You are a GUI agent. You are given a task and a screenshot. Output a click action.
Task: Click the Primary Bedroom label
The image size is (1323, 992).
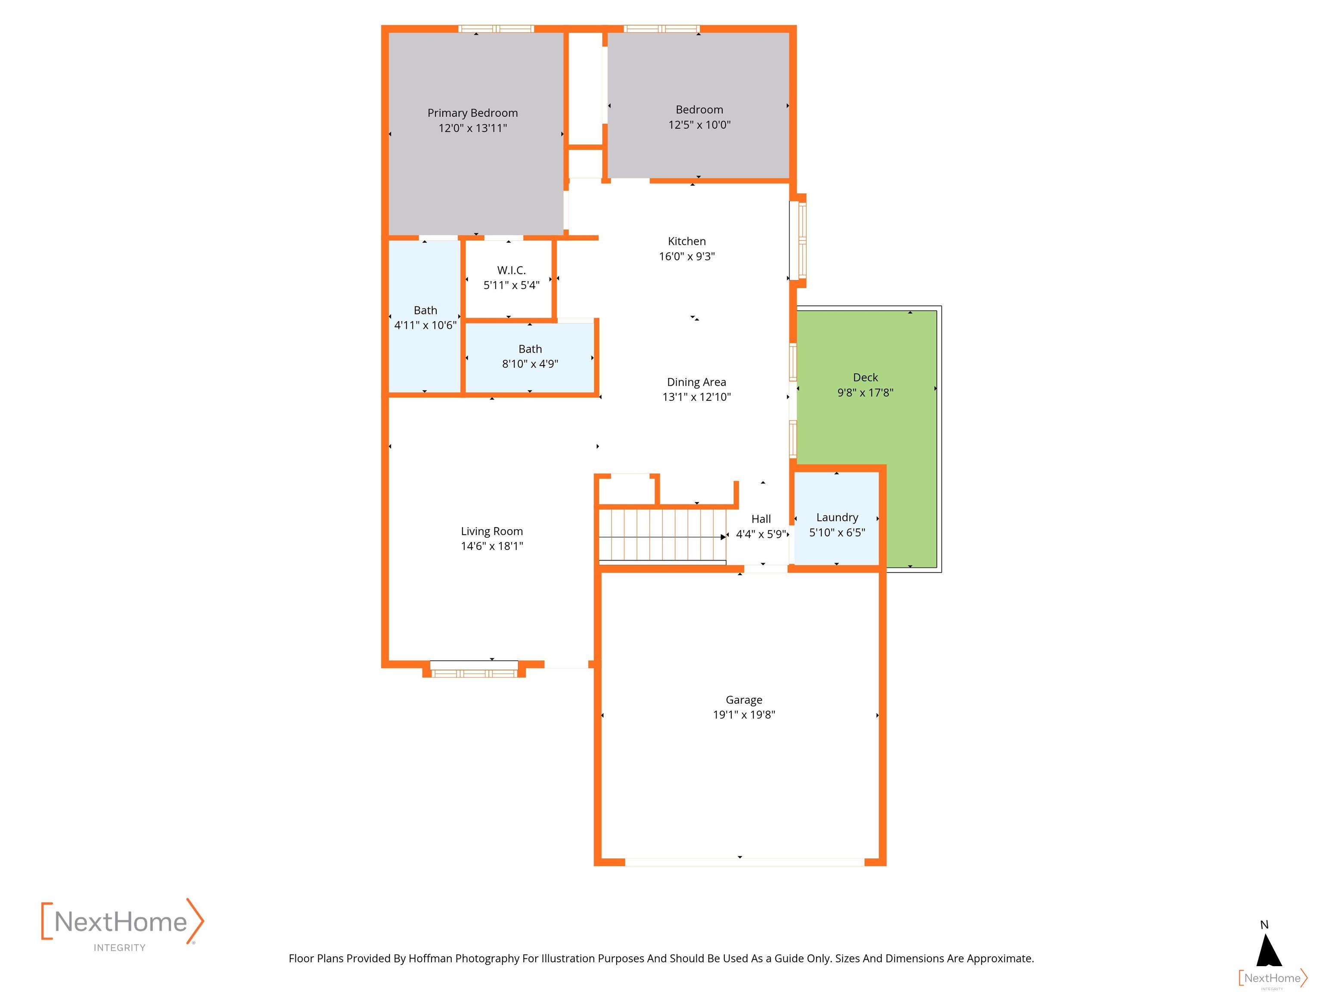point(472,113)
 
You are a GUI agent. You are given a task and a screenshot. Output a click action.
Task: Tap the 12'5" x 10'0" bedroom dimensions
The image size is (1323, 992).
point(699,125)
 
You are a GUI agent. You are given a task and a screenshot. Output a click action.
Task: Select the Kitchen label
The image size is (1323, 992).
point(686,242)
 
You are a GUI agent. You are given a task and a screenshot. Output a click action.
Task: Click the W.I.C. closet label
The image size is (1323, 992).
point(511,270)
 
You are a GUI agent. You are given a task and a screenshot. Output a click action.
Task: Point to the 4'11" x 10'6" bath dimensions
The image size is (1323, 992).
point(425,325)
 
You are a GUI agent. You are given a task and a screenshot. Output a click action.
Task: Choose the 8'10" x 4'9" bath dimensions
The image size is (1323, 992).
point(530,363)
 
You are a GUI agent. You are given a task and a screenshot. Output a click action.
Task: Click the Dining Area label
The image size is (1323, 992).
point(696,382)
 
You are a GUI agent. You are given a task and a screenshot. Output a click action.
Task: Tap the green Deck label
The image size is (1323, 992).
point(865,377)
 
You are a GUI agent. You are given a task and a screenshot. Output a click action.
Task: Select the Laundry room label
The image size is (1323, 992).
point(837,517)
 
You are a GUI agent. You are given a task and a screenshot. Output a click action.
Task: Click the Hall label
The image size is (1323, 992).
point(761,519)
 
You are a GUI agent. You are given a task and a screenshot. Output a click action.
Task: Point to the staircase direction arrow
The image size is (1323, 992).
point(723,537)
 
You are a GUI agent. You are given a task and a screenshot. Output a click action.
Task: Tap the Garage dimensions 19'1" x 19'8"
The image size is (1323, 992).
point(743,715)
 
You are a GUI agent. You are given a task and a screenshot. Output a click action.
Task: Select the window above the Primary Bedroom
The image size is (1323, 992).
point(496,29)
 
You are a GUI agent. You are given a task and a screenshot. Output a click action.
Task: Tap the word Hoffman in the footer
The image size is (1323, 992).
point(430,958)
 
